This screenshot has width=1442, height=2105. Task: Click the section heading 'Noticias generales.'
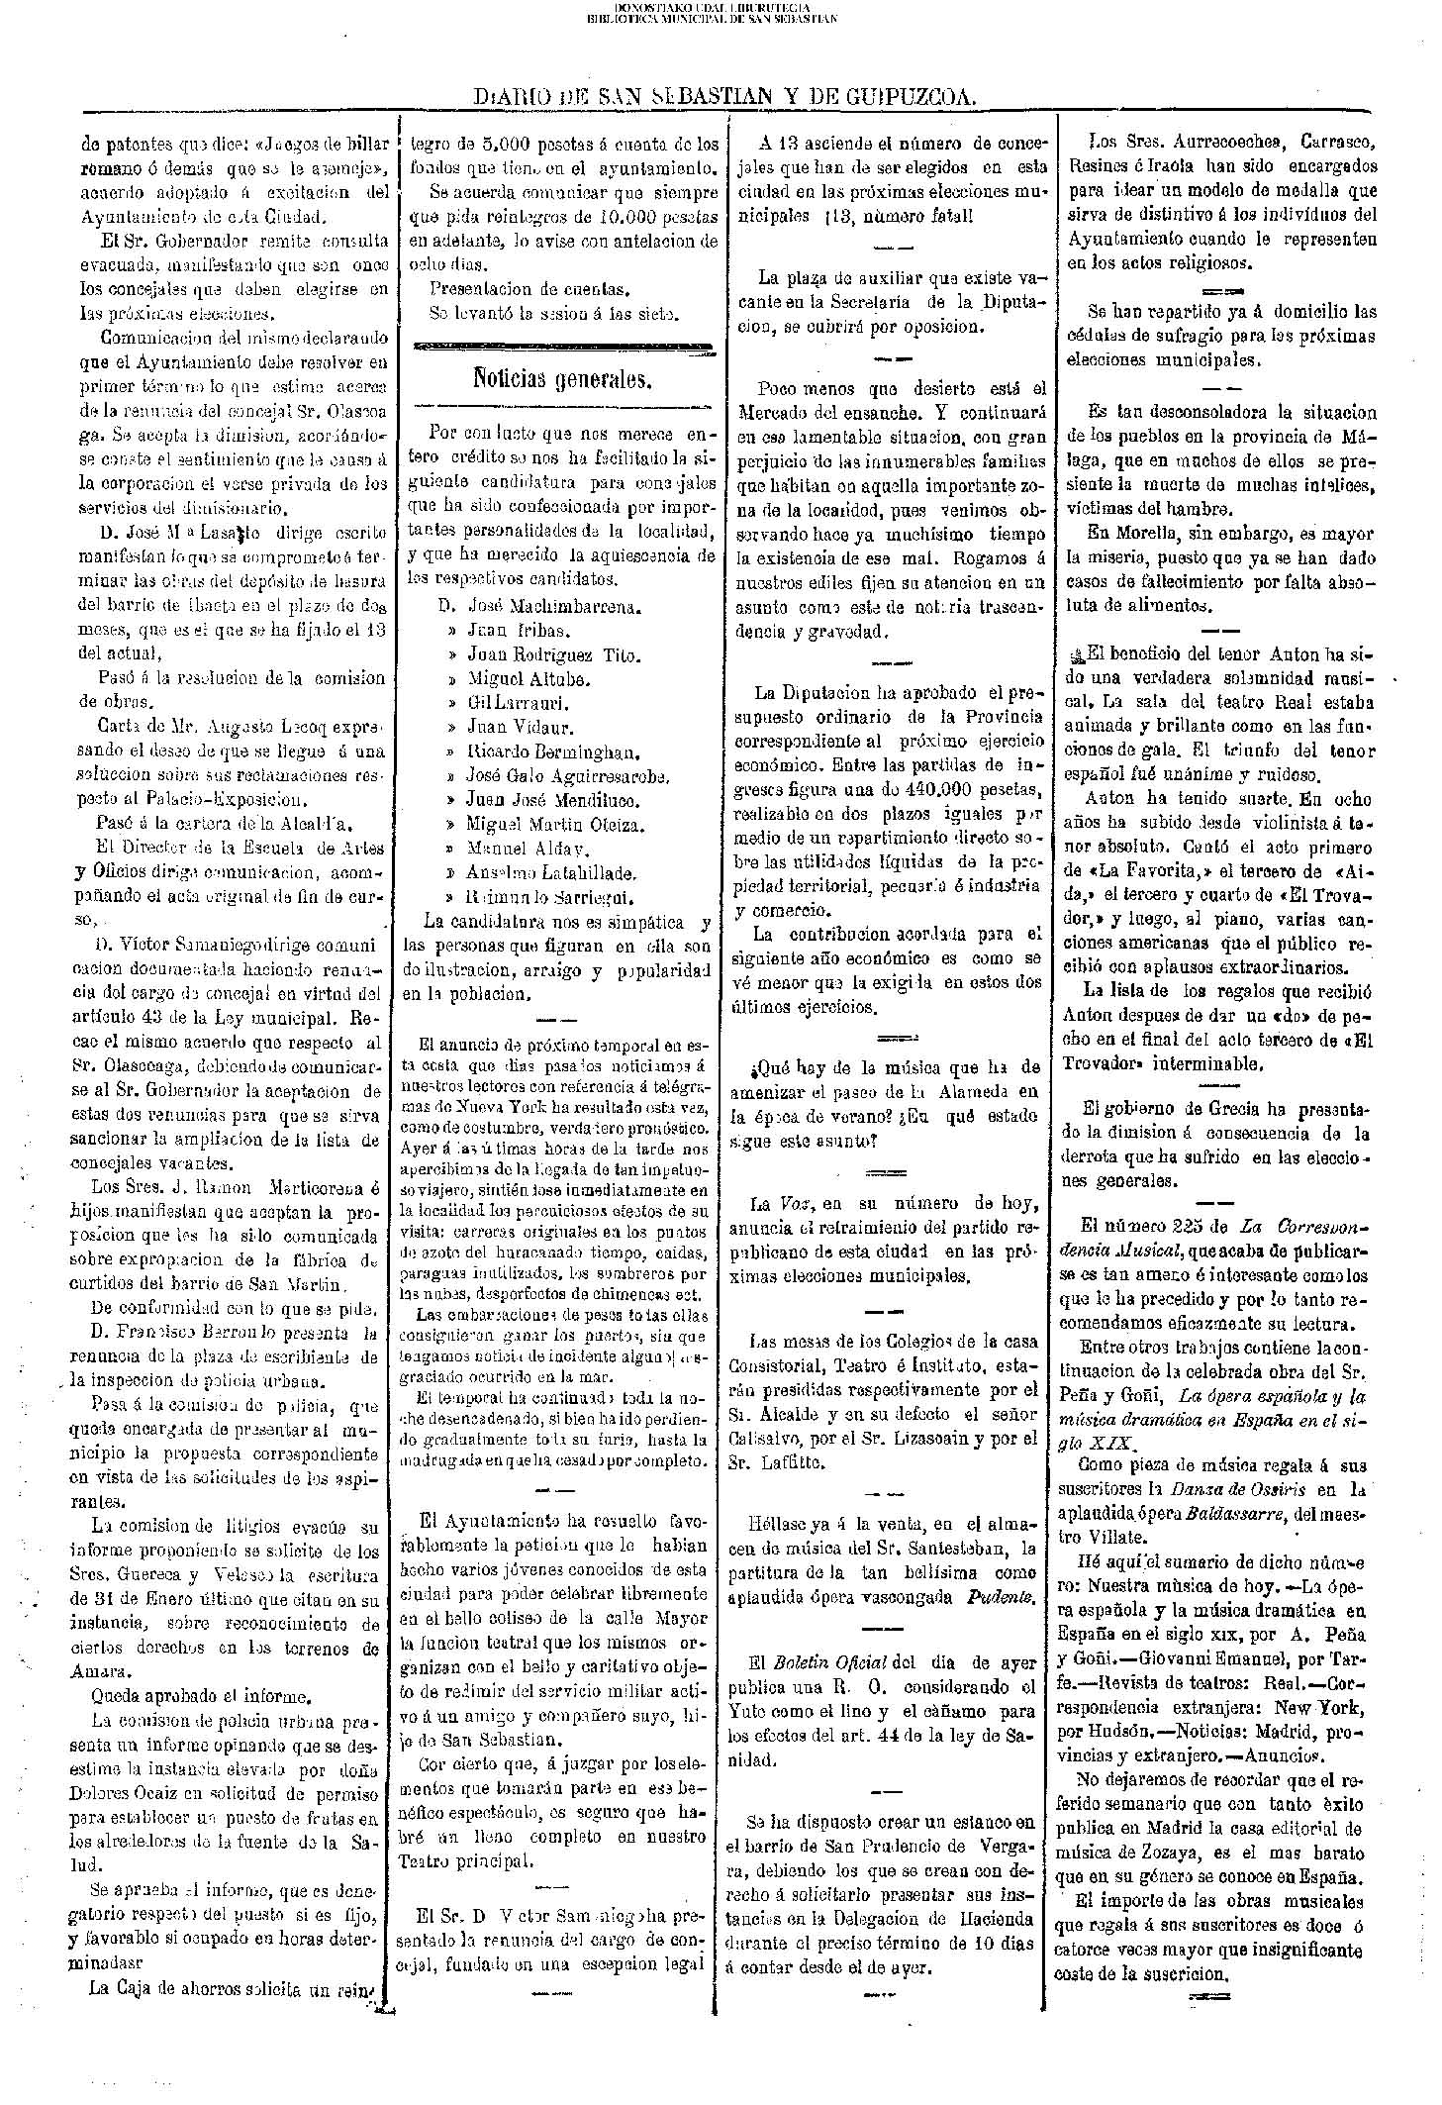pos(561,377)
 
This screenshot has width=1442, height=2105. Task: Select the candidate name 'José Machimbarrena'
pos(553,605)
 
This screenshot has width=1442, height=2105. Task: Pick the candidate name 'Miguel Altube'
pos(529,678)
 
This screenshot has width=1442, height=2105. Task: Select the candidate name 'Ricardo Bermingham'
pos(554,751)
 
